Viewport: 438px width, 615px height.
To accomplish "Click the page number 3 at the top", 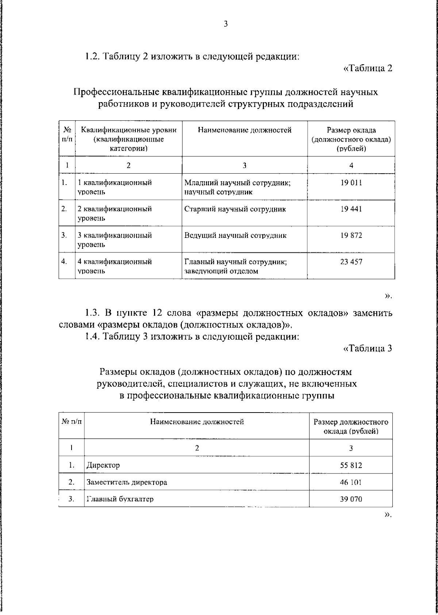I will pos(226,24).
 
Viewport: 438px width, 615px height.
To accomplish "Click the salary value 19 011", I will pos(351,183).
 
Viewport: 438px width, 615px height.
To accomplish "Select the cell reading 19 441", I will pos(351,209).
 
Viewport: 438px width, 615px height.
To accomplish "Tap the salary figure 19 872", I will pos(351,235).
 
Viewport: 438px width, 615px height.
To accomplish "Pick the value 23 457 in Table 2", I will pos(351,262).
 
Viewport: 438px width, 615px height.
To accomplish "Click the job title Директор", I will pos(103,465).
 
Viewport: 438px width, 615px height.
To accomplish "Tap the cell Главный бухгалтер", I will pos(120,499).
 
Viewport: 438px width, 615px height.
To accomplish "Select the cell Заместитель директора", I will pos(127,482).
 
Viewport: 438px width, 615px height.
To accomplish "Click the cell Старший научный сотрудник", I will pos(235,209).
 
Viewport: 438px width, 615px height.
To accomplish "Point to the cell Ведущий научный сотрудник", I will pos(235,235).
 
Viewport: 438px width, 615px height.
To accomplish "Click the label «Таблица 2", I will pos(368,68).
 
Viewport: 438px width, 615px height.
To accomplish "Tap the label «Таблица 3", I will pos(368,348).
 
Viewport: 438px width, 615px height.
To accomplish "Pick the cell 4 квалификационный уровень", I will pos(114,266).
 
